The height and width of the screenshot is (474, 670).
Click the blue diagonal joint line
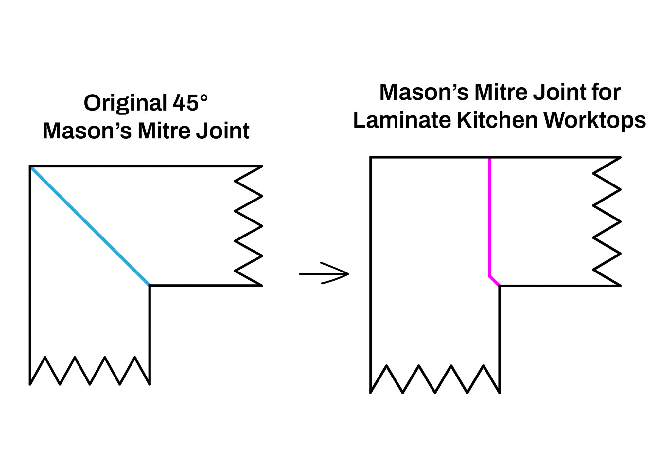click(90, 226)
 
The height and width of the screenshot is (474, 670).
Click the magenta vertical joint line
click(489, 216)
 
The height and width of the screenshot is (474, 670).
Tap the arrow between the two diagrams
click(324, 273)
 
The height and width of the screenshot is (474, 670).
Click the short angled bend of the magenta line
click(494, 281)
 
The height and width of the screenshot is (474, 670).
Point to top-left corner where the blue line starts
click(30, 167)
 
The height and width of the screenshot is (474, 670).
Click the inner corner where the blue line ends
click(150, 285)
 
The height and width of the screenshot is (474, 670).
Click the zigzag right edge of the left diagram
click(249, 226)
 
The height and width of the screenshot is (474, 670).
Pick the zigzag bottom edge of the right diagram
click(435, 379)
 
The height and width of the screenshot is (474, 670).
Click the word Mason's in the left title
click(87, 131)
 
